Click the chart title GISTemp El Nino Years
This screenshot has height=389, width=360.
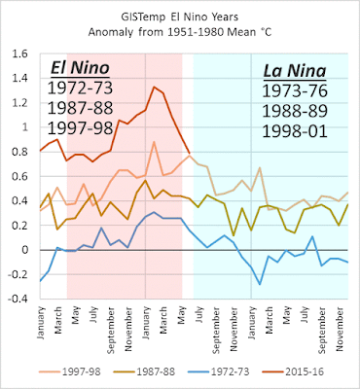pyautogui.click(x=180, y=18)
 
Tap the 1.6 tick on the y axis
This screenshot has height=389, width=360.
pyautogui.click(x=20, y=54)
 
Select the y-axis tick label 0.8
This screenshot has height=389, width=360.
pyautogui.click(x=20, y=152)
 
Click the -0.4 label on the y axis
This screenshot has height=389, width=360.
pyautogui.click(x=19, y=299)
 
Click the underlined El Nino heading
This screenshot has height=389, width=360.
pyautogui.click(x=80, y=68)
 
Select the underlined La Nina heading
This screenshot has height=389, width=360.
pyautogui.click(x=295, y=71)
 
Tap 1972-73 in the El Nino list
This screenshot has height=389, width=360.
pyautogui.click(x=80, y=88)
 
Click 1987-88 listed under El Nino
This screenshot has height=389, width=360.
pyautogui.click(x=80, y=108)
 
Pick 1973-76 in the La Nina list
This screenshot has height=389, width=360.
pyautogui.click(x=295, y=91)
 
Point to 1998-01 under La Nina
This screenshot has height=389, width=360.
pyautogui.click(x=295, y=131)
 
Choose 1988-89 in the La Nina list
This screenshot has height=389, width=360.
pyautogui.click(x=295, y=111)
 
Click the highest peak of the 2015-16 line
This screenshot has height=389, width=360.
pyautogui.click(x=154, y=87)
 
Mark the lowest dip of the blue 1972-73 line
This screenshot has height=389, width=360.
pyautogui.click(x=260, y=284)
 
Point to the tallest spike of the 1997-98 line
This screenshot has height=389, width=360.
pyautogui.click(x=154, y=142)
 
